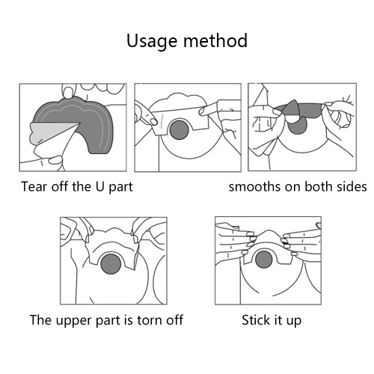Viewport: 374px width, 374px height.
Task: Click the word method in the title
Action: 215,40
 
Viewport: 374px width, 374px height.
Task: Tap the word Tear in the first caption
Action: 34,186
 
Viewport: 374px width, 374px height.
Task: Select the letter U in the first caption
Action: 99,186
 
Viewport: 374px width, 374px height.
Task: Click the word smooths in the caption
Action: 254,186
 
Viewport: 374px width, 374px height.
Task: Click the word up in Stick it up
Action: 294,321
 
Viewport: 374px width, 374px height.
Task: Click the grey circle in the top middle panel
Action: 179,130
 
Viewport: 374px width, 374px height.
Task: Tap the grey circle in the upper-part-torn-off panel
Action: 111,264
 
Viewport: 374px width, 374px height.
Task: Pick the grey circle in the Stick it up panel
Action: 264,260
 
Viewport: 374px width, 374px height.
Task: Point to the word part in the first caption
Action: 120,187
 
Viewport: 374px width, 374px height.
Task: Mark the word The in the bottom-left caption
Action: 40,320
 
